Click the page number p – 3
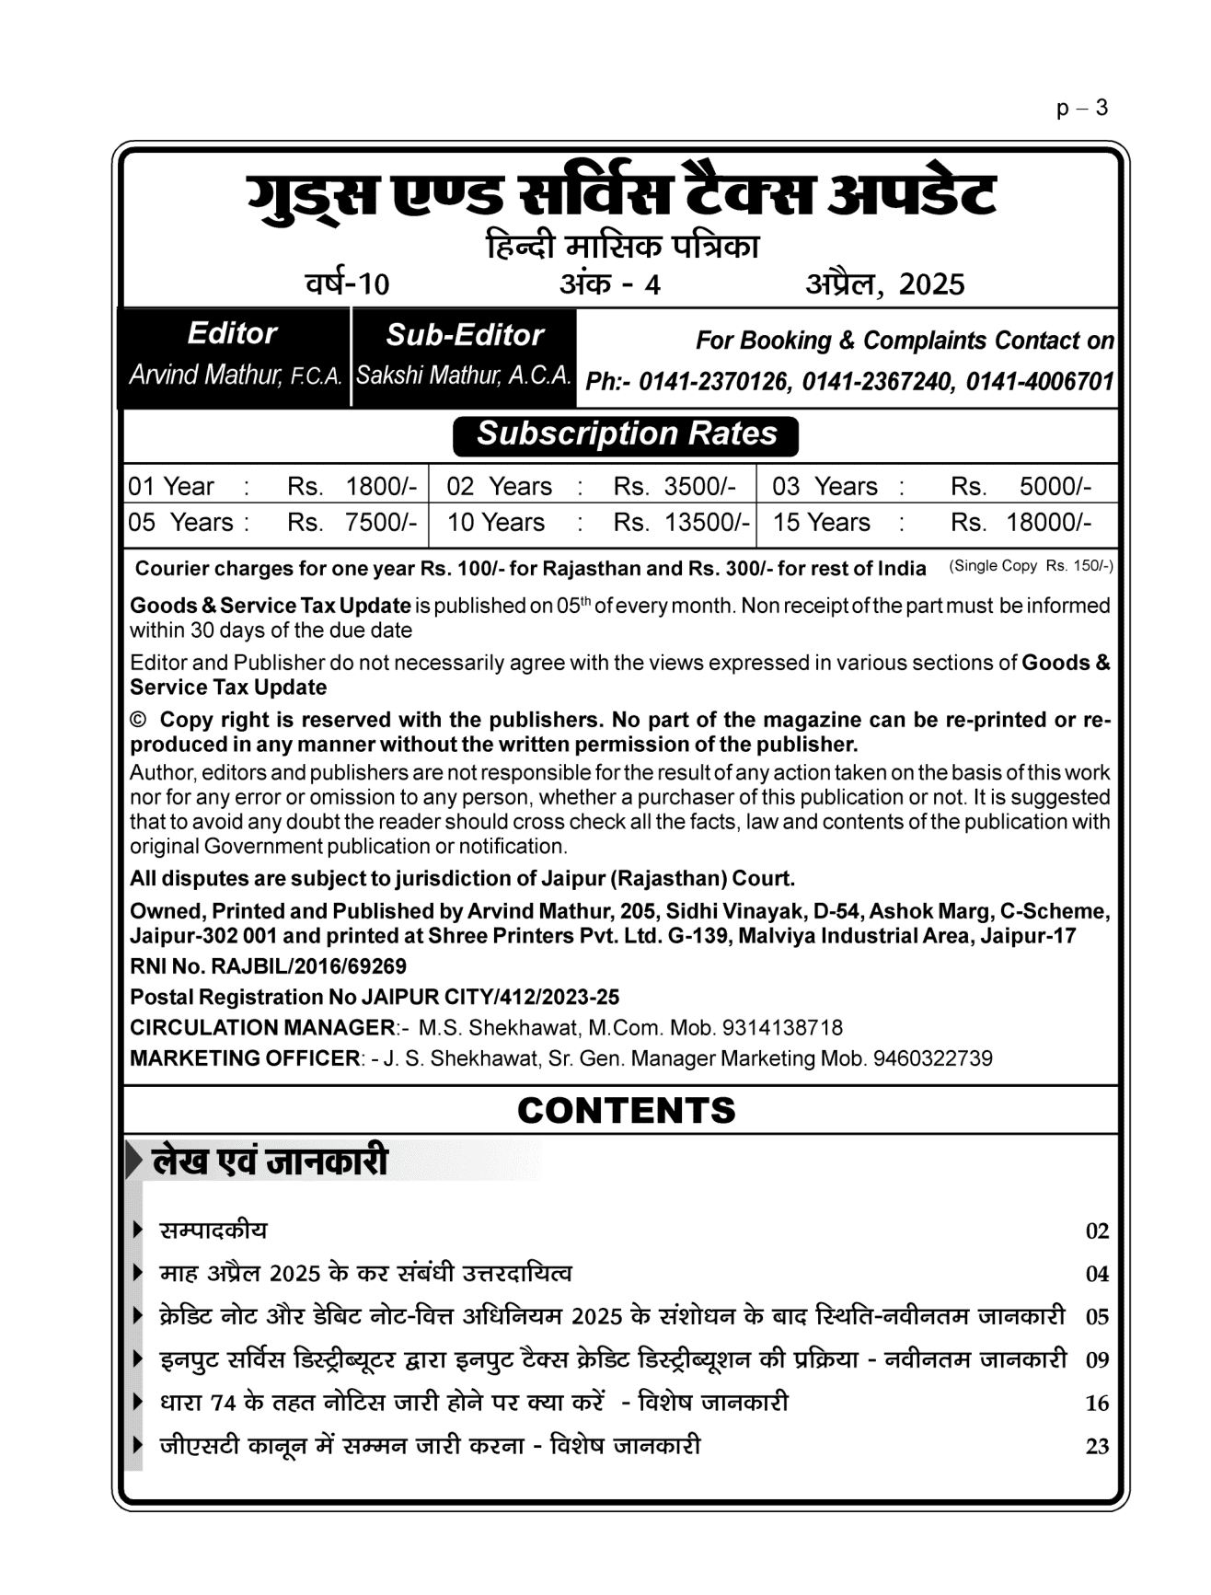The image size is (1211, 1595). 1082,109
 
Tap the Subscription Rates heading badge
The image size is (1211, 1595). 626,434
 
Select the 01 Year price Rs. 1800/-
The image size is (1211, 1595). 352,486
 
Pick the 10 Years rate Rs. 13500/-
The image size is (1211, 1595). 681,523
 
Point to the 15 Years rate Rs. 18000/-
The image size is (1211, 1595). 1021,523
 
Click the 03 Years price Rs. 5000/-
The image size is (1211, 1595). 1021,486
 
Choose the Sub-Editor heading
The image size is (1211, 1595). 465,335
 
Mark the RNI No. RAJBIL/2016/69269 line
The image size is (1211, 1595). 268,966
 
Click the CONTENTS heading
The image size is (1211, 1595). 626,1111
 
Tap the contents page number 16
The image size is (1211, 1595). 1097,1404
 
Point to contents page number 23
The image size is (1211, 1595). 1097,1447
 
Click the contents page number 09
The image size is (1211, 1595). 1097,1360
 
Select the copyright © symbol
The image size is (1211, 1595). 139,720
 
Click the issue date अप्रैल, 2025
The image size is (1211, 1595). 884,284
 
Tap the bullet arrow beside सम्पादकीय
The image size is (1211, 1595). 138,1230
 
